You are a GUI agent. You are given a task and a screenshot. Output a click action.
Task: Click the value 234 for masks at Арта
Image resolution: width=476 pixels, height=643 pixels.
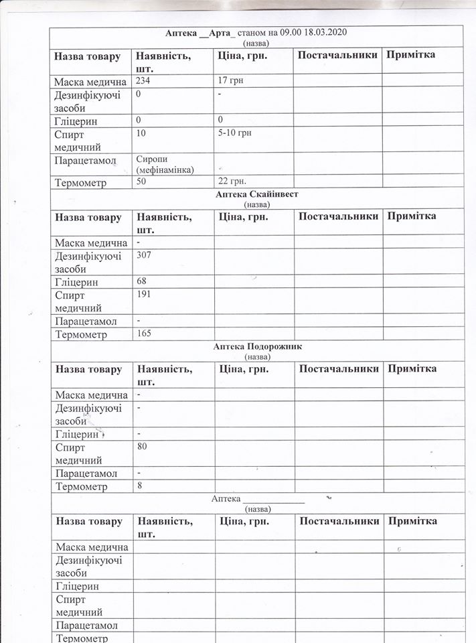143,80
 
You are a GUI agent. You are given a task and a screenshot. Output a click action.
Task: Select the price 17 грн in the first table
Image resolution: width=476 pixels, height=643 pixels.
232,80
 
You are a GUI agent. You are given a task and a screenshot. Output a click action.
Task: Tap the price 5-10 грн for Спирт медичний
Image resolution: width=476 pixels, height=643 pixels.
234,133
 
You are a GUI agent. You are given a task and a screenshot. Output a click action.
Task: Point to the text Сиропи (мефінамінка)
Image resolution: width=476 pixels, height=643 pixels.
165,165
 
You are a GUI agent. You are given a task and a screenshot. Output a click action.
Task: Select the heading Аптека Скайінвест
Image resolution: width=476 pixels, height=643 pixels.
257,194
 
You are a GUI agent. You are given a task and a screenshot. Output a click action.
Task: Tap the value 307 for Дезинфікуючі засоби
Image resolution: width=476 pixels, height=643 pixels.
144,255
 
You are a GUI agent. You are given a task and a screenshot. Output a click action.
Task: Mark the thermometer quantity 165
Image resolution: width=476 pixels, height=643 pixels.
144,333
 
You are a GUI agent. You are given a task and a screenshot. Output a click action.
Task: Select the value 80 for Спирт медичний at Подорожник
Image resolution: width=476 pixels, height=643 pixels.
141,446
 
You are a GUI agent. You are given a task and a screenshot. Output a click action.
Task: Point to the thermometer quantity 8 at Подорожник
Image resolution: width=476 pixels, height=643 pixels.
139,486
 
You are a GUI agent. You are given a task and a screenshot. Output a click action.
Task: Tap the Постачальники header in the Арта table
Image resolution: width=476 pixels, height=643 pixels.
337,55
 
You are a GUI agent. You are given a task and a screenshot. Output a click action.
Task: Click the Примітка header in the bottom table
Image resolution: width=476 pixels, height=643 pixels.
412,521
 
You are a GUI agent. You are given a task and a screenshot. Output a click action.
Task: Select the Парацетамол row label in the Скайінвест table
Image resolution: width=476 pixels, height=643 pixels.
86,321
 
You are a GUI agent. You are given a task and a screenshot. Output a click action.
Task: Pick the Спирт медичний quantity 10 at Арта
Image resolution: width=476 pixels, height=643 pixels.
141,133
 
